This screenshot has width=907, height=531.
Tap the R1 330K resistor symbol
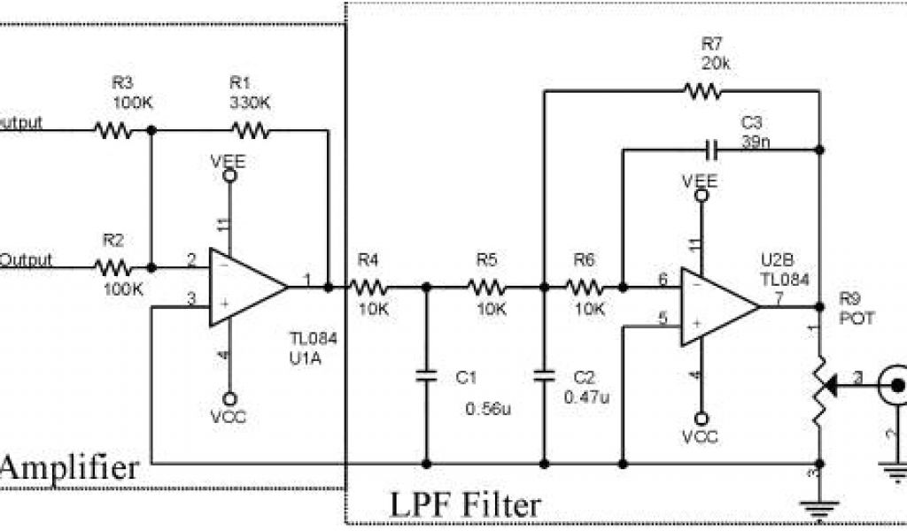coord(250,131)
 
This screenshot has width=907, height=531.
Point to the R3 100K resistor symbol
coord(112,131)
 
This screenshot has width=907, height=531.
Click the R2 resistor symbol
coord(112,265)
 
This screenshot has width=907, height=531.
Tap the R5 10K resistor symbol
coord(486,287)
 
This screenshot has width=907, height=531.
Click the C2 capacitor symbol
coord(543,376)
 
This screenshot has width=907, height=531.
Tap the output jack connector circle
coord(895,385)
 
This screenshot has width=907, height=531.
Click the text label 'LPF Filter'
coord(465,505)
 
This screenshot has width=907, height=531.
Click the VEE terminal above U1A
coord(229,175)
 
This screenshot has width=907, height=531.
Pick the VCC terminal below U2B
coord(701,417)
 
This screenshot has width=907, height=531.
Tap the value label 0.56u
coord(488,409)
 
